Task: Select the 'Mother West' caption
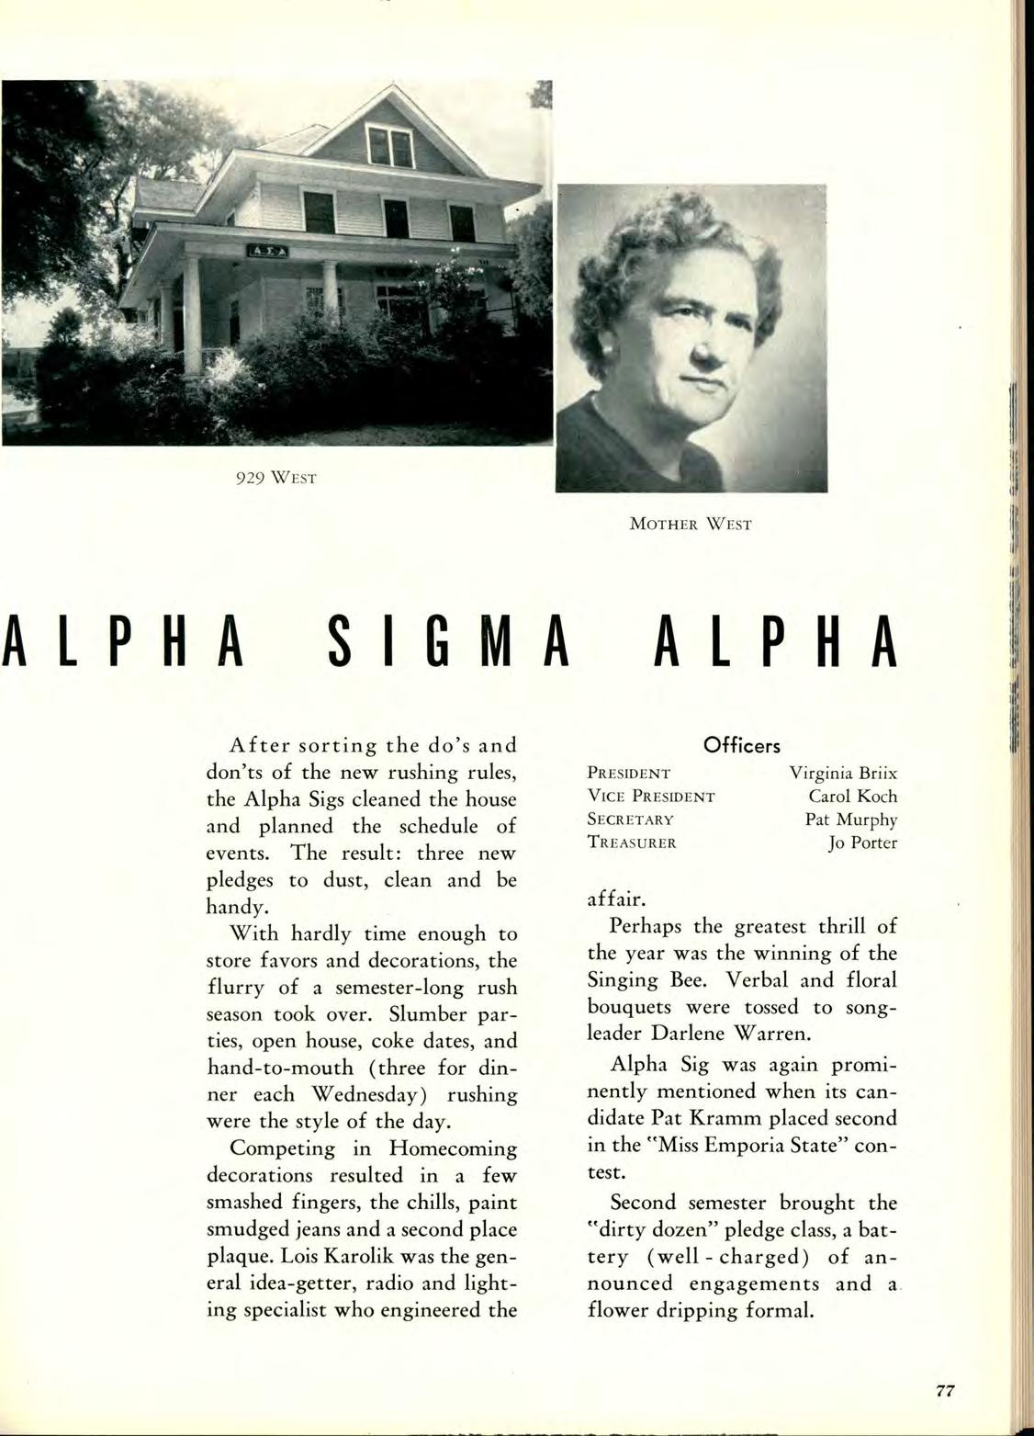tap(691, 525)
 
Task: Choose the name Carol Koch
tap(852, 796)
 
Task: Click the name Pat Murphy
tap(851, 819)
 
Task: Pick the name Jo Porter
tap(862, 842)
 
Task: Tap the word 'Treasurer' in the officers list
tap(632, 842)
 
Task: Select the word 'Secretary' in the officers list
tap(631, 820)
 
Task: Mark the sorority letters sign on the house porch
tap(263, 252)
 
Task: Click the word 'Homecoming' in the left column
tap(453, 1148)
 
